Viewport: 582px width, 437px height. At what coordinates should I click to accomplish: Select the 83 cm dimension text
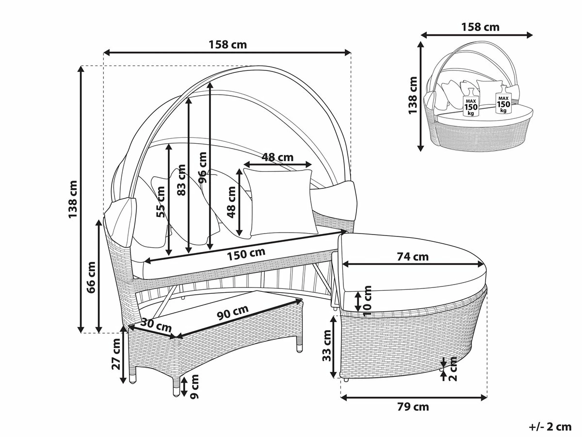[x=181, y=180]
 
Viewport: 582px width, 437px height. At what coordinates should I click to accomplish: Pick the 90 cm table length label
[x=232, y=313]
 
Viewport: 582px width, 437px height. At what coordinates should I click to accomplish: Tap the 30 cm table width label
[x=157, y=325]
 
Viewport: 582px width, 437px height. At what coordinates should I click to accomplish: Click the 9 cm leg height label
[x=194, y=386]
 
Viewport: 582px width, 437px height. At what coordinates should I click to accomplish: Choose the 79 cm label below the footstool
[x=413, y=406]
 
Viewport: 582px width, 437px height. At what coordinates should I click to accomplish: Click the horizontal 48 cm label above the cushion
[x=277, y=157]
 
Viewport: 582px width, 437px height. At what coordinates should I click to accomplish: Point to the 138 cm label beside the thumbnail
[x=413, y=95]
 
